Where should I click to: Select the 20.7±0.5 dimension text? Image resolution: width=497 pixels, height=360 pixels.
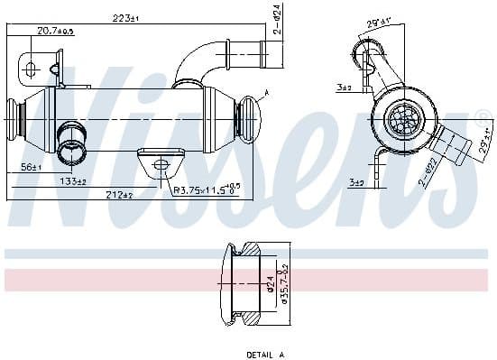click(54, 32)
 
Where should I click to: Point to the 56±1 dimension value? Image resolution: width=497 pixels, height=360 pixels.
click(32, 167)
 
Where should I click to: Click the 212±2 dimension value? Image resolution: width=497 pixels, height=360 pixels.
click(119, 193)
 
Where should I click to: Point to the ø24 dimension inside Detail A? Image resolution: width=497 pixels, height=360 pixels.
click(270, 287)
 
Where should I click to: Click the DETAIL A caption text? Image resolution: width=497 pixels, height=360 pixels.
click(265, 355)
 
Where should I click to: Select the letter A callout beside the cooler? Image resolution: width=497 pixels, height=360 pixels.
click(267, 93)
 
